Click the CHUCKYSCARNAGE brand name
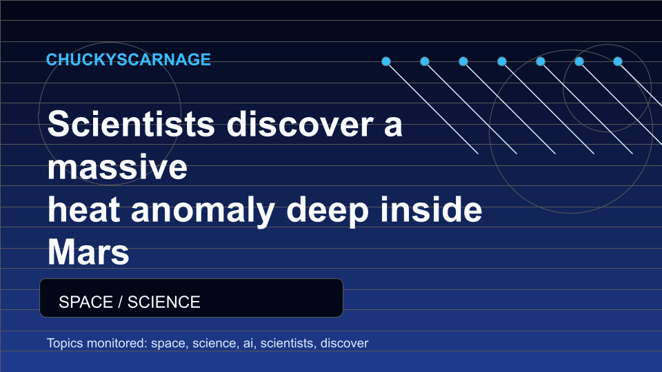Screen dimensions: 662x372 128,59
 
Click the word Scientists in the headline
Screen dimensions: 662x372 131,123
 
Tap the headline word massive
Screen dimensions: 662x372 117,167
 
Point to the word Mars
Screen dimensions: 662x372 88,252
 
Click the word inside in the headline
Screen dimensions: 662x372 431,209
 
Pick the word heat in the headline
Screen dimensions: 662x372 83,209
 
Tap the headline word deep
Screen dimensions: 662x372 328,211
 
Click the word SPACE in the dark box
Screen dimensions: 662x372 86,302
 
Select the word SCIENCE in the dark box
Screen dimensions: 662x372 164,302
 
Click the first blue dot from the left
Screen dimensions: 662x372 386,61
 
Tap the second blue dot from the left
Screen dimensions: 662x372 425,61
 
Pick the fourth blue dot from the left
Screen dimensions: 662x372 502,61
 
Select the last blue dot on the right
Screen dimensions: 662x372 618,61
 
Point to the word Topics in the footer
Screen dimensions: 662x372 65,344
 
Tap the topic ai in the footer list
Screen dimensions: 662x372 249,343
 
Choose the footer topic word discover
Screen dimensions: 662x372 345,343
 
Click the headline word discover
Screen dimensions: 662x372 300,123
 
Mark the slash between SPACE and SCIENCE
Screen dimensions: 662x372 120,302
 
